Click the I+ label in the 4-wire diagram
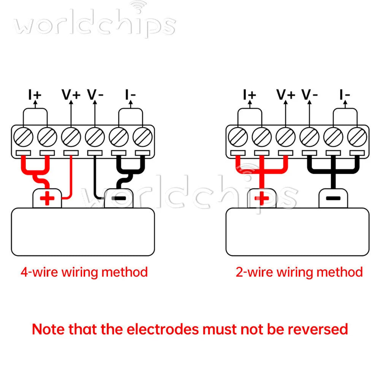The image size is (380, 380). (x=35, y=94)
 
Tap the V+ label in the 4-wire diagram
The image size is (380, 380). (x=71, y=94)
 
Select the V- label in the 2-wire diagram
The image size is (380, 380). (x=309, y=94)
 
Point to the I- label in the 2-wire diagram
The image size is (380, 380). (x=345, y=94)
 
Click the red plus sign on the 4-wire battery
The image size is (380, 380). (x=47, y=198)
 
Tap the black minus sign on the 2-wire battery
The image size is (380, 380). (x=333, y=198)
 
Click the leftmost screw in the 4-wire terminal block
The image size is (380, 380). (x=23, y=137)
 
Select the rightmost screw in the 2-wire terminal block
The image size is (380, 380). (x=357, y=137)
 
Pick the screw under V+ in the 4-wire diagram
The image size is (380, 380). (x=71, y=137)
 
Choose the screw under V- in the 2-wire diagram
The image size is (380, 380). (x=309, y=137)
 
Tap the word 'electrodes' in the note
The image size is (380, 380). (x=162, y=329)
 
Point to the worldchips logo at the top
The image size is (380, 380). (x=95, y=22)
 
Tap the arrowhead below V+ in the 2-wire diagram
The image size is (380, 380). (x=285, y=103)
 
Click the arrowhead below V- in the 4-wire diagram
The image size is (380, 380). (x=95, y=103)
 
